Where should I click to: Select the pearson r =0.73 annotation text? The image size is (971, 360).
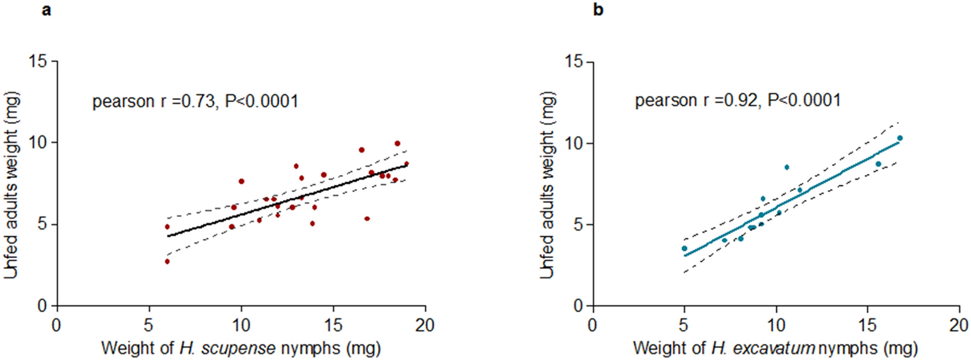[x=196, y=101]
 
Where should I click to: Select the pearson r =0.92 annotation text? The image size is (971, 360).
[x=738, y=101]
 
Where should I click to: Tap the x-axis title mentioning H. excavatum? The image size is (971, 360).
[x=776, y=348]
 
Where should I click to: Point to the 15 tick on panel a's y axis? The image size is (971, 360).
[x=41, y=61]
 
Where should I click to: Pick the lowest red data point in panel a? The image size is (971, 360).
[x=167, y=261]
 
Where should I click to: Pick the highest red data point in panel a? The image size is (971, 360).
[x=398, y=144]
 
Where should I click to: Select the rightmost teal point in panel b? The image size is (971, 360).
[x=899, y=138]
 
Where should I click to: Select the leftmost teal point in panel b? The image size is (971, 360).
[x=684, y=249]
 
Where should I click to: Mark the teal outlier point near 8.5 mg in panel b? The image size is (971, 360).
[x=787, y=167]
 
